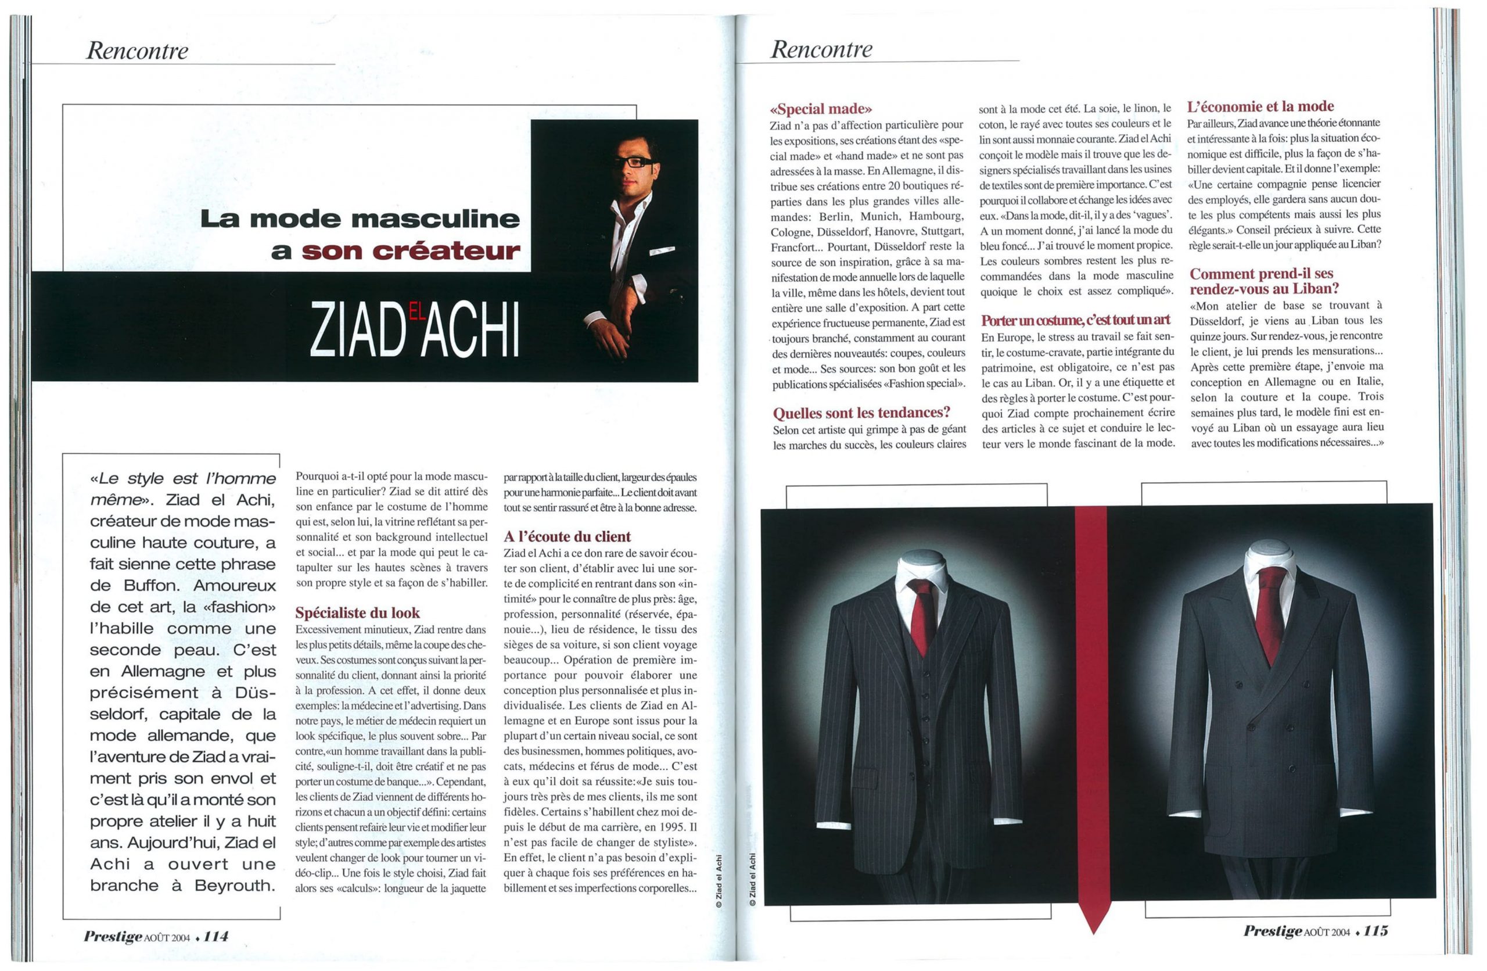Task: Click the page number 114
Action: [x=215, y=936]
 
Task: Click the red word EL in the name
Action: [x=416, y=311]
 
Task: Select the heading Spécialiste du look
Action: [x=357, y=612]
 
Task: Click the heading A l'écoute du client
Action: [x=567, y=536]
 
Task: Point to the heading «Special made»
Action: [x=821, y=109]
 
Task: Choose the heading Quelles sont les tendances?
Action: [x=861, y=413]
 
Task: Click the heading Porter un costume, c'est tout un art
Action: [x=1075, y=320]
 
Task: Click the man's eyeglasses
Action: [x=634, y=162]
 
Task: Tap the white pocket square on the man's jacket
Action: [x=662, y=251]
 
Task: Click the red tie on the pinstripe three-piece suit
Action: [x=922, y=612]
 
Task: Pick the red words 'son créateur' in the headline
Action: [x=411, y=251]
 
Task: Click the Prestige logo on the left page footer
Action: [x=113, y=936]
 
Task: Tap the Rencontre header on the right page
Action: [x=821, y=49]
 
